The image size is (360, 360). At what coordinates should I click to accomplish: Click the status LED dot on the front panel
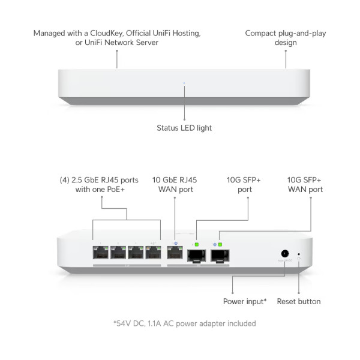[x=184, y=84]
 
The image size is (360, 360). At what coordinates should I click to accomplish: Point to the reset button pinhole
[x=299, y=254]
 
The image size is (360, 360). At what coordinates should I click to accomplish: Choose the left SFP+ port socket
[x=195, y=256]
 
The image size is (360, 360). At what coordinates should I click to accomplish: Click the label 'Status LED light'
[x=184, y=128]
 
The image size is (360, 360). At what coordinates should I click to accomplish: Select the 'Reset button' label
[x=298, y=301]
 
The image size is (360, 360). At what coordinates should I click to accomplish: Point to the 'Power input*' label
[x=245, y=301]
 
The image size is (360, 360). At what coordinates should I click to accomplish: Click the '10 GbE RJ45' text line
[x=175, y=179]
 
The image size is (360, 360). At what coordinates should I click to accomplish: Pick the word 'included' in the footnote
[x=239, y=323]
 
